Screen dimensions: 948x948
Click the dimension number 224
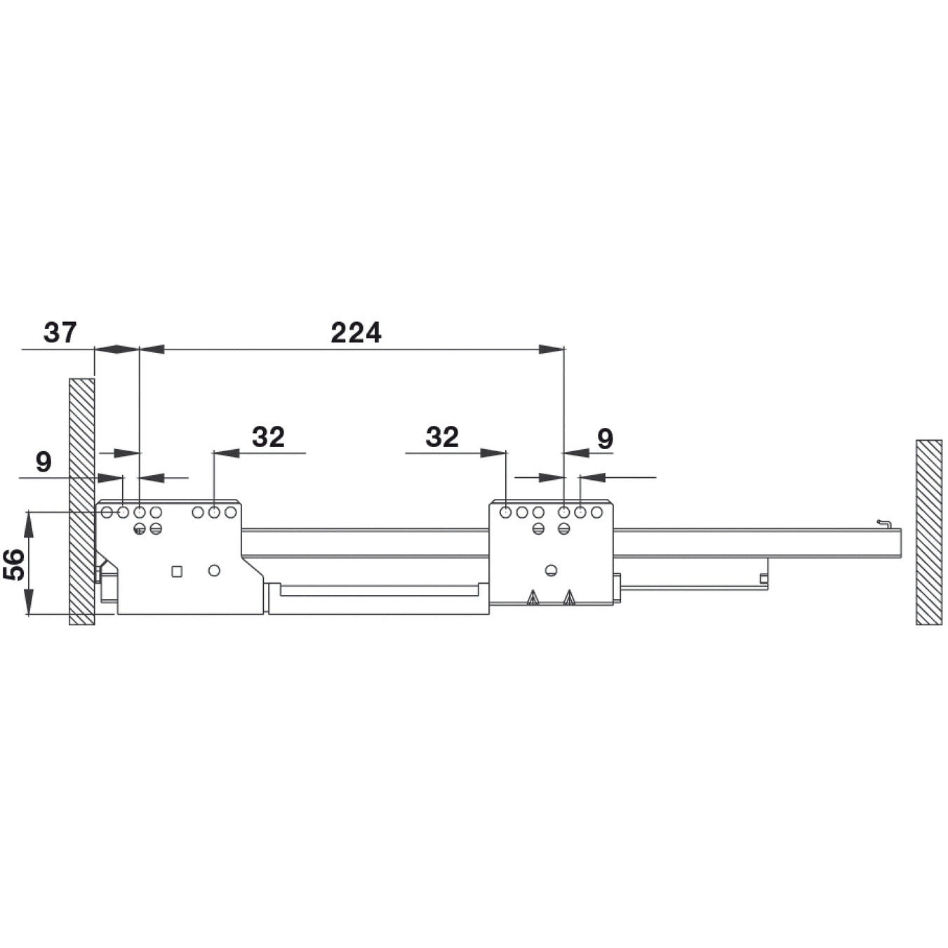[356, 333]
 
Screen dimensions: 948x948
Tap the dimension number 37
[60, 333]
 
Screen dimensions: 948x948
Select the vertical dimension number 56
[15, 563]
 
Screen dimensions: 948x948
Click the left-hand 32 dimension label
[268, 437]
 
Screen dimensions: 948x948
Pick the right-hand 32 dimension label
[442, 437]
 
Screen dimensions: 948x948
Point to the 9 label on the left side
[44, 462]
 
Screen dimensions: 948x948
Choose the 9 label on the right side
[605, 439]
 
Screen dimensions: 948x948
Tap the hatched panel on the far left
[81, 502]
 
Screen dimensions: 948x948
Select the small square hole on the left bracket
[177, 571]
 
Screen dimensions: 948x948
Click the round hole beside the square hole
[214, 570]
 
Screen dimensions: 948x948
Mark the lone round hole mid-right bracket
[552, 570]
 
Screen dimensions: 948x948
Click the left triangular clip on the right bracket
[533, 598]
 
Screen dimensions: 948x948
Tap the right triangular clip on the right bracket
[568, 598]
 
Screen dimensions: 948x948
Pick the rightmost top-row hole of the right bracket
[596, 512]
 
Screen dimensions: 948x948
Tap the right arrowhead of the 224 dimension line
[552, 349]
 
